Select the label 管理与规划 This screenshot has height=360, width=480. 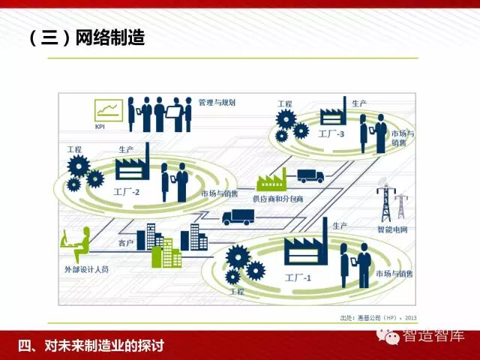tap(217, 102)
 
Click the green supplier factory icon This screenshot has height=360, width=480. tap(271, 179)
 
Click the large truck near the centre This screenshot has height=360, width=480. tap(238, 217)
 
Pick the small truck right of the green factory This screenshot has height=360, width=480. tap(310, 176)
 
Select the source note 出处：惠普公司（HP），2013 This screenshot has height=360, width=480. tap(379, 317)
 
